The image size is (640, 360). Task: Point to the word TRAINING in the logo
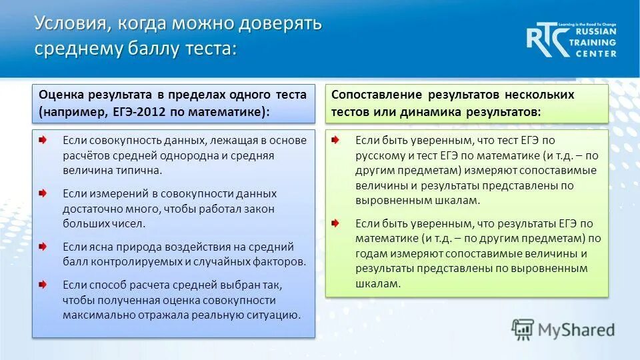tap(593, 42)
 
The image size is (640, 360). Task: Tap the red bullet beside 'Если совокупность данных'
tap(43, 141)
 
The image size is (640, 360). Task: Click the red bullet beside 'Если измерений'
tap(43, 193)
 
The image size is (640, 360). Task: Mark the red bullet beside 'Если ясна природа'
tap(43, 246)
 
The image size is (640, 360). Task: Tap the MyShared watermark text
tap(576, 330)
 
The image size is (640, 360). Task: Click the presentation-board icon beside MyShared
tap(523, 330)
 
